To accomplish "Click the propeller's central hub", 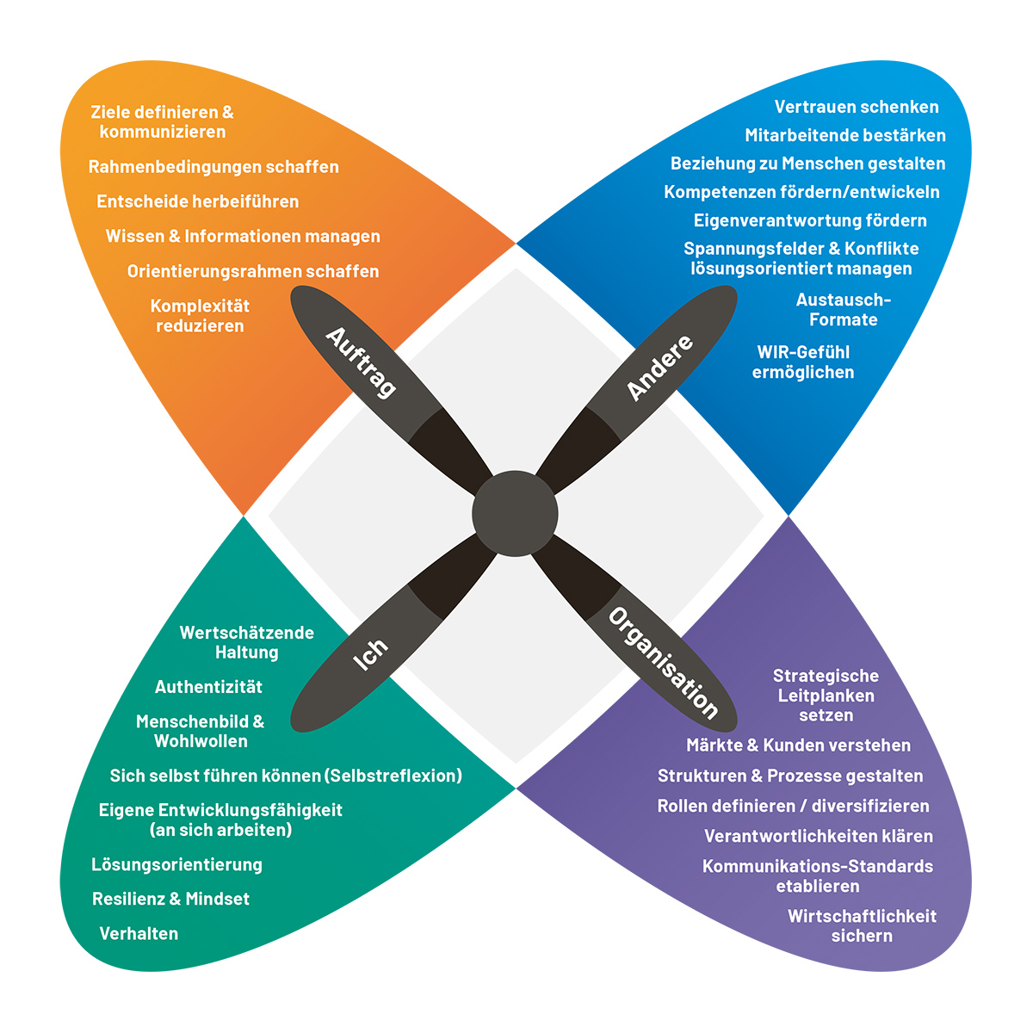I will (x=515, y=514).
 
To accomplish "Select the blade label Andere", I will (x=659, y=368).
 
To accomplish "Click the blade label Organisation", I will (x=663, y=663).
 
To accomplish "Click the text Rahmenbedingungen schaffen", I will (x=213, y=167).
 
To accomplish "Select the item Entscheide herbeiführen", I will (x=198, y=201).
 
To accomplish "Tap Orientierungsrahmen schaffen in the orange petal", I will (x=253, y=271).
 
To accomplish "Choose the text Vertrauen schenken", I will (x=857, y=107).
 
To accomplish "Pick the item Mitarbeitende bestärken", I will (x=845, y=135).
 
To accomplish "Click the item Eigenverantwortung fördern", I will (x=810, y=220).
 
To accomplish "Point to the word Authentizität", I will (x=208, y=687).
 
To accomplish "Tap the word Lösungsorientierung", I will (x=176, y=864).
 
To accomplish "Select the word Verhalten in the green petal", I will (x=139, y=933).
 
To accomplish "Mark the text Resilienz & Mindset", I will (x=170, y=899).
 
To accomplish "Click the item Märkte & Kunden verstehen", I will (x=798, y=745).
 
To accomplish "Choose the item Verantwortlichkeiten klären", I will (x=818, y=836).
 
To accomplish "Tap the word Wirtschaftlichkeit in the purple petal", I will (x=862, y=916).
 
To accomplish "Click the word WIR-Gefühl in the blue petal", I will (x=803, y=352).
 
